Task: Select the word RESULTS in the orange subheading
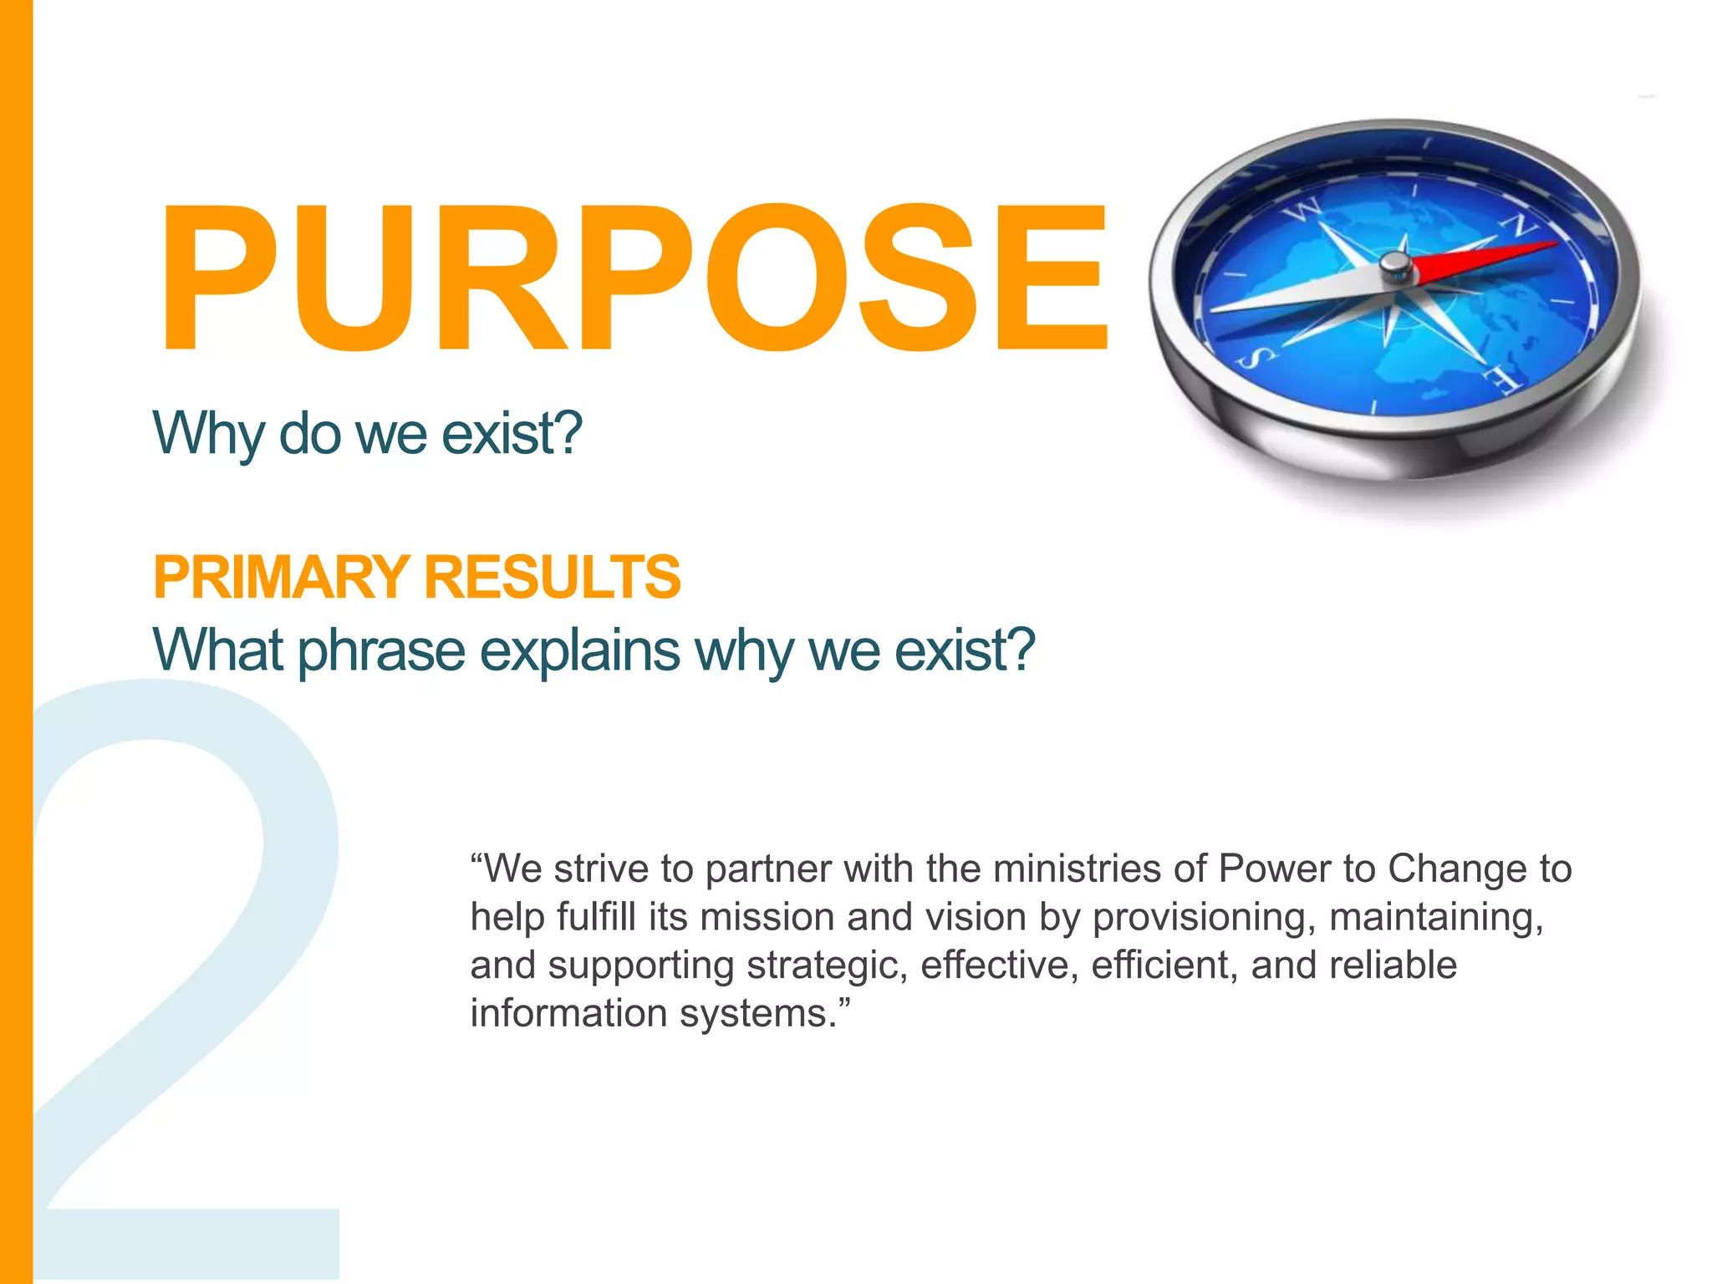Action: coord(553,578)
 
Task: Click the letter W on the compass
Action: coord(1302,211)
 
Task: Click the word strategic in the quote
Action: coord(826,966)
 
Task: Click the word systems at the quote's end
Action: coord(757,1014)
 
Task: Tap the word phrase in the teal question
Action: coord(381,650)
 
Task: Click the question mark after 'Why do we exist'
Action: coord(567,433)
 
